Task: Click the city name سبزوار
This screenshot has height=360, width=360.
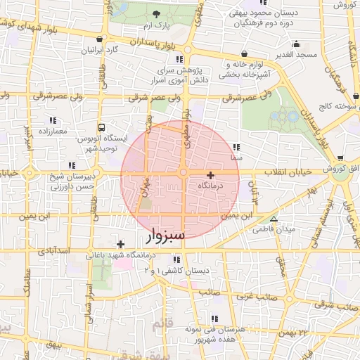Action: [166, 235]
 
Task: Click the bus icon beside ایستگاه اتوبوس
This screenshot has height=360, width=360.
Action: [103, 128]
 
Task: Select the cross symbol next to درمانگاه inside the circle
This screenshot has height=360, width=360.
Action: [210, 174]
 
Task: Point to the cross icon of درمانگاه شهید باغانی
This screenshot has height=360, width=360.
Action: [121, 243]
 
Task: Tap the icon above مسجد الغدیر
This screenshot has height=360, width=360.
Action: [296, 44]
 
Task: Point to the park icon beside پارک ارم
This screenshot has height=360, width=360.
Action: [155, 14]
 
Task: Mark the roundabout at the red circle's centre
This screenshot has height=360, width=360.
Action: [183, 173]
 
